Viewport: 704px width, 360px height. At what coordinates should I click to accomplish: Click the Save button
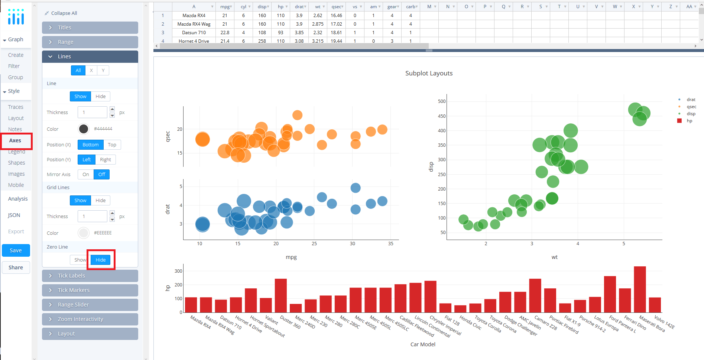(x=16, y=250)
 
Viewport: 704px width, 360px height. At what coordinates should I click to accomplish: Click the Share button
(x=16, y=267)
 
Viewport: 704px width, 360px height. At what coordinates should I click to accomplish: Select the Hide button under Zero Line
(x=101, y=260)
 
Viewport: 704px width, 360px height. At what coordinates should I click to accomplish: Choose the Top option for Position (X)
(x=112, y=145)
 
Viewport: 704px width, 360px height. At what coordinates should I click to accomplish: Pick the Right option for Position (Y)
(x=106, y=160)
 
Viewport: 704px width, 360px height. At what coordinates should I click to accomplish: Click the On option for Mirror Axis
(x=86, y=175)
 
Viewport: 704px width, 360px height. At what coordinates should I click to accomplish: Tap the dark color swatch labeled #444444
(x=84, y=129)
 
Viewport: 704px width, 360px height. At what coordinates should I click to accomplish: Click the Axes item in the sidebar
(x=15, y=140)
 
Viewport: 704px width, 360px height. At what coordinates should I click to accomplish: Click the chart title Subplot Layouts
(x=429, y=73)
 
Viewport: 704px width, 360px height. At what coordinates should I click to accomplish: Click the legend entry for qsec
(x=691, y=107)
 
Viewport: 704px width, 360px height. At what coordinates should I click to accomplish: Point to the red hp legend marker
(x=679, y=121)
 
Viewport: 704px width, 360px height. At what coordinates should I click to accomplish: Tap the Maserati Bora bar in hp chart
(x=640, y=289)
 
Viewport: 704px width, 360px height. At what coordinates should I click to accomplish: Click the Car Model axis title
(x=423, y=344)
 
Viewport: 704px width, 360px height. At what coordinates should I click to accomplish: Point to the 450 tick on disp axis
(x=442, y=116)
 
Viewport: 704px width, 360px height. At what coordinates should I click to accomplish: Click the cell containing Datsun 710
(x=194, y=33)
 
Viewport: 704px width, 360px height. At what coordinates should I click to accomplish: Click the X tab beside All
(x=91, y=71)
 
